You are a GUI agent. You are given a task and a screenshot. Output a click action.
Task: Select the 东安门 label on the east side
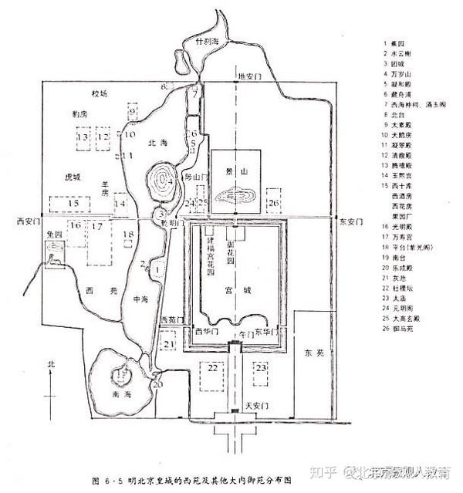click(350, 221)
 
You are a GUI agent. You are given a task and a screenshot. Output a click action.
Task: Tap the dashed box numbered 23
click(262, 367)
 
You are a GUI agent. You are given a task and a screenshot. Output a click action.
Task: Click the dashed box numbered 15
click(73, 204)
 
